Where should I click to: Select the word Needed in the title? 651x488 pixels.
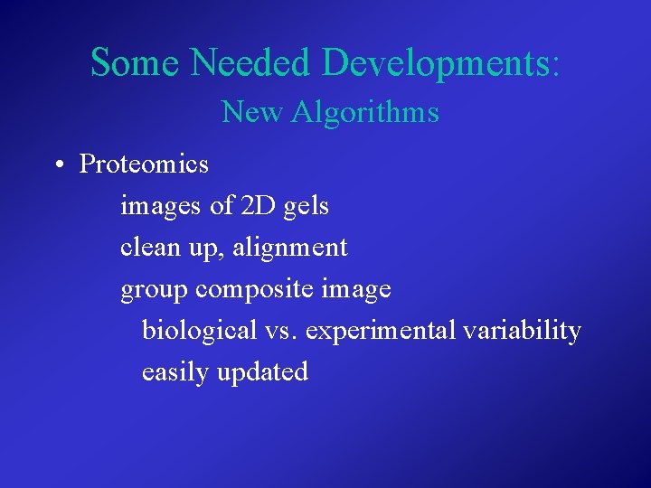[250, 62]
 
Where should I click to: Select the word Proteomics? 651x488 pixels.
[144, 164]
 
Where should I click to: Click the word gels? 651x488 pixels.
[306, 207]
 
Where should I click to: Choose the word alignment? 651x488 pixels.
[290, 248]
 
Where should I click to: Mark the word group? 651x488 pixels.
[154, 290]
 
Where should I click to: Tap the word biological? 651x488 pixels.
[200, 331]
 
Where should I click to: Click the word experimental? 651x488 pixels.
[381, 332]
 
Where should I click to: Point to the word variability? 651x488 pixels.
[522, 331]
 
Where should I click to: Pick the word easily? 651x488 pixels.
[175, 372]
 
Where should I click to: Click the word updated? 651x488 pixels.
[262, 372]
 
